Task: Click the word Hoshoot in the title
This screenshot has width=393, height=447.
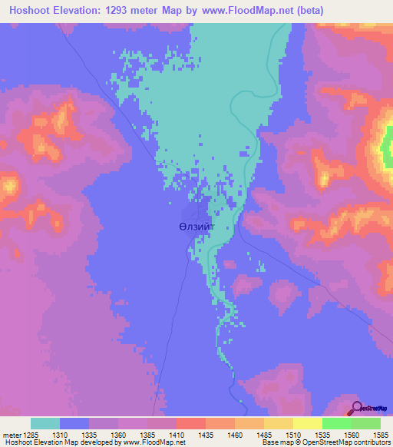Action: click(28, 11)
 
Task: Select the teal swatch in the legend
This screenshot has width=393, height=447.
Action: click(45, 423)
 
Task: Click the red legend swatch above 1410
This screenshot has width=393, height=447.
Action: click(191, 423)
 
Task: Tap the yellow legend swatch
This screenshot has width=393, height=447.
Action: click(308, 423)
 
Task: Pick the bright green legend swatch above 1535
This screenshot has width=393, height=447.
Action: click(337, 423)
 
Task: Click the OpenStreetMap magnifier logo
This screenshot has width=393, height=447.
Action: click(355, 407)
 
